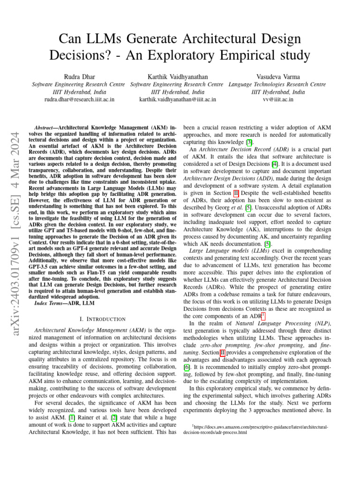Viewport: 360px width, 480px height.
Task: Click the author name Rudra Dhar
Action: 78,76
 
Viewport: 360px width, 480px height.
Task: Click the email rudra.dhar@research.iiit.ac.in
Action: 79,99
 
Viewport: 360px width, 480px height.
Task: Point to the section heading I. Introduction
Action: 103,306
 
